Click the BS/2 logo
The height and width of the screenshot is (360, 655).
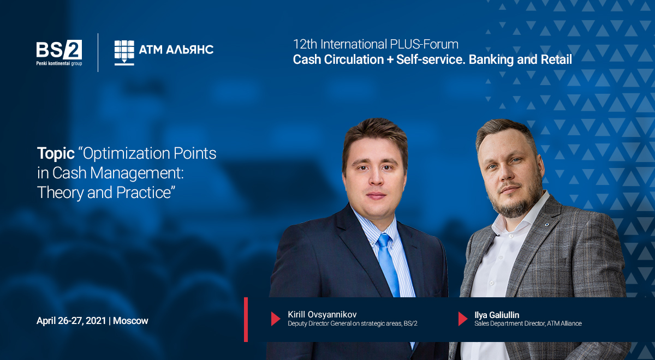(59, 53)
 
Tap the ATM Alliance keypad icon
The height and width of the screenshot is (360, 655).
(124, 53)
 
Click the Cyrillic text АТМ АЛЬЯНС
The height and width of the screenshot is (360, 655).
(176, 50)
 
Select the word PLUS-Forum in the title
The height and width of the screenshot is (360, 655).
(424, 44)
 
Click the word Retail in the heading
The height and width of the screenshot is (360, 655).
(556, 59)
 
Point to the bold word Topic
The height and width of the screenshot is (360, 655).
(56, 154)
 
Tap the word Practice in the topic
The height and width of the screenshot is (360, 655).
(144, 193)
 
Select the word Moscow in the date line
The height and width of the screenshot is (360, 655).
(130, 321)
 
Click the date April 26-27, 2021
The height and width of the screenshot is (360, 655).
(71, 321)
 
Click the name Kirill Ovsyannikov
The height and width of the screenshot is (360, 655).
(322, 314)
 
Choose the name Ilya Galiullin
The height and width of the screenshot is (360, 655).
(497, 315)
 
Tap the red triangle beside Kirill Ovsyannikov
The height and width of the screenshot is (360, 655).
(276, 319)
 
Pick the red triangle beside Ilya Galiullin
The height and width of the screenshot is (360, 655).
(463, 319)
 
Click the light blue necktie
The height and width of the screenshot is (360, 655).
(389, 265)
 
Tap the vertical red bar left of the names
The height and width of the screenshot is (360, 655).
(246, 320)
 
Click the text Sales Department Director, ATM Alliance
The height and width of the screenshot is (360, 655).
(528, 323)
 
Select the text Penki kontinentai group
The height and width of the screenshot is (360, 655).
(59, 63)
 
